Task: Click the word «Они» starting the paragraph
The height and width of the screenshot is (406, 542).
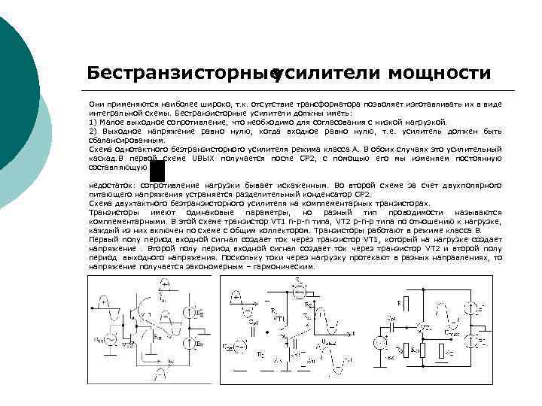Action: point(96,103)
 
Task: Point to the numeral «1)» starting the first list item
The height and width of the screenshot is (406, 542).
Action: point(93,121)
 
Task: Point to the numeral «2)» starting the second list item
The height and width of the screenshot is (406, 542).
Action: point(93,130)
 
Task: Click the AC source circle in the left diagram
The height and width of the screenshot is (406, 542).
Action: point(105,340)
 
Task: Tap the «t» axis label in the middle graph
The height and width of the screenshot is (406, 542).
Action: point(353,332)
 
